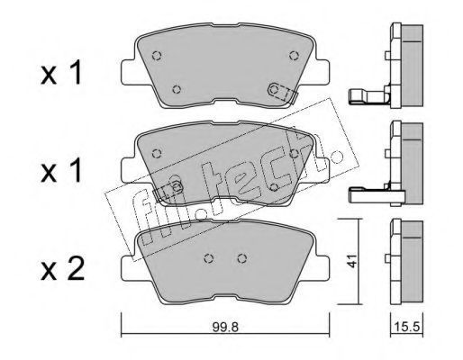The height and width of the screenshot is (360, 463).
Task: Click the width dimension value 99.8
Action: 225,328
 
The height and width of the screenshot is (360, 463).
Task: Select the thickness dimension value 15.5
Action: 407,327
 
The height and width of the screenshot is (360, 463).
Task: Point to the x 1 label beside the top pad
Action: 61,72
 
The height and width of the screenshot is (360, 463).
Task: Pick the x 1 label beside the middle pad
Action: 61,170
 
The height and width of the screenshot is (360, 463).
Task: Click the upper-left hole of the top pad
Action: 157,56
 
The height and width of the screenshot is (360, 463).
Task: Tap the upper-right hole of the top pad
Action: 294,56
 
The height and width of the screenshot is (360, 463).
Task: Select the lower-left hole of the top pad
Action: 177,89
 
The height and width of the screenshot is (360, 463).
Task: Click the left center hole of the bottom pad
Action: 209,258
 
